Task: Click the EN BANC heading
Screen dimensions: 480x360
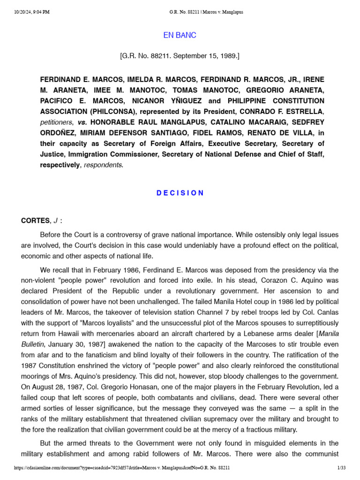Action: (180, 36)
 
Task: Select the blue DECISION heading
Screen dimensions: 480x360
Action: (180, 193)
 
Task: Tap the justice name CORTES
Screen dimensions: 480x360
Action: (35, 220)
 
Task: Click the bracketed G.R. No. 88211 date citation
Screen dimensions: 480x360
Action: (180, 56)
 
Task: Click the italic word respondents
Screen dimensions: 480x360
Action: (104, 165)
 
